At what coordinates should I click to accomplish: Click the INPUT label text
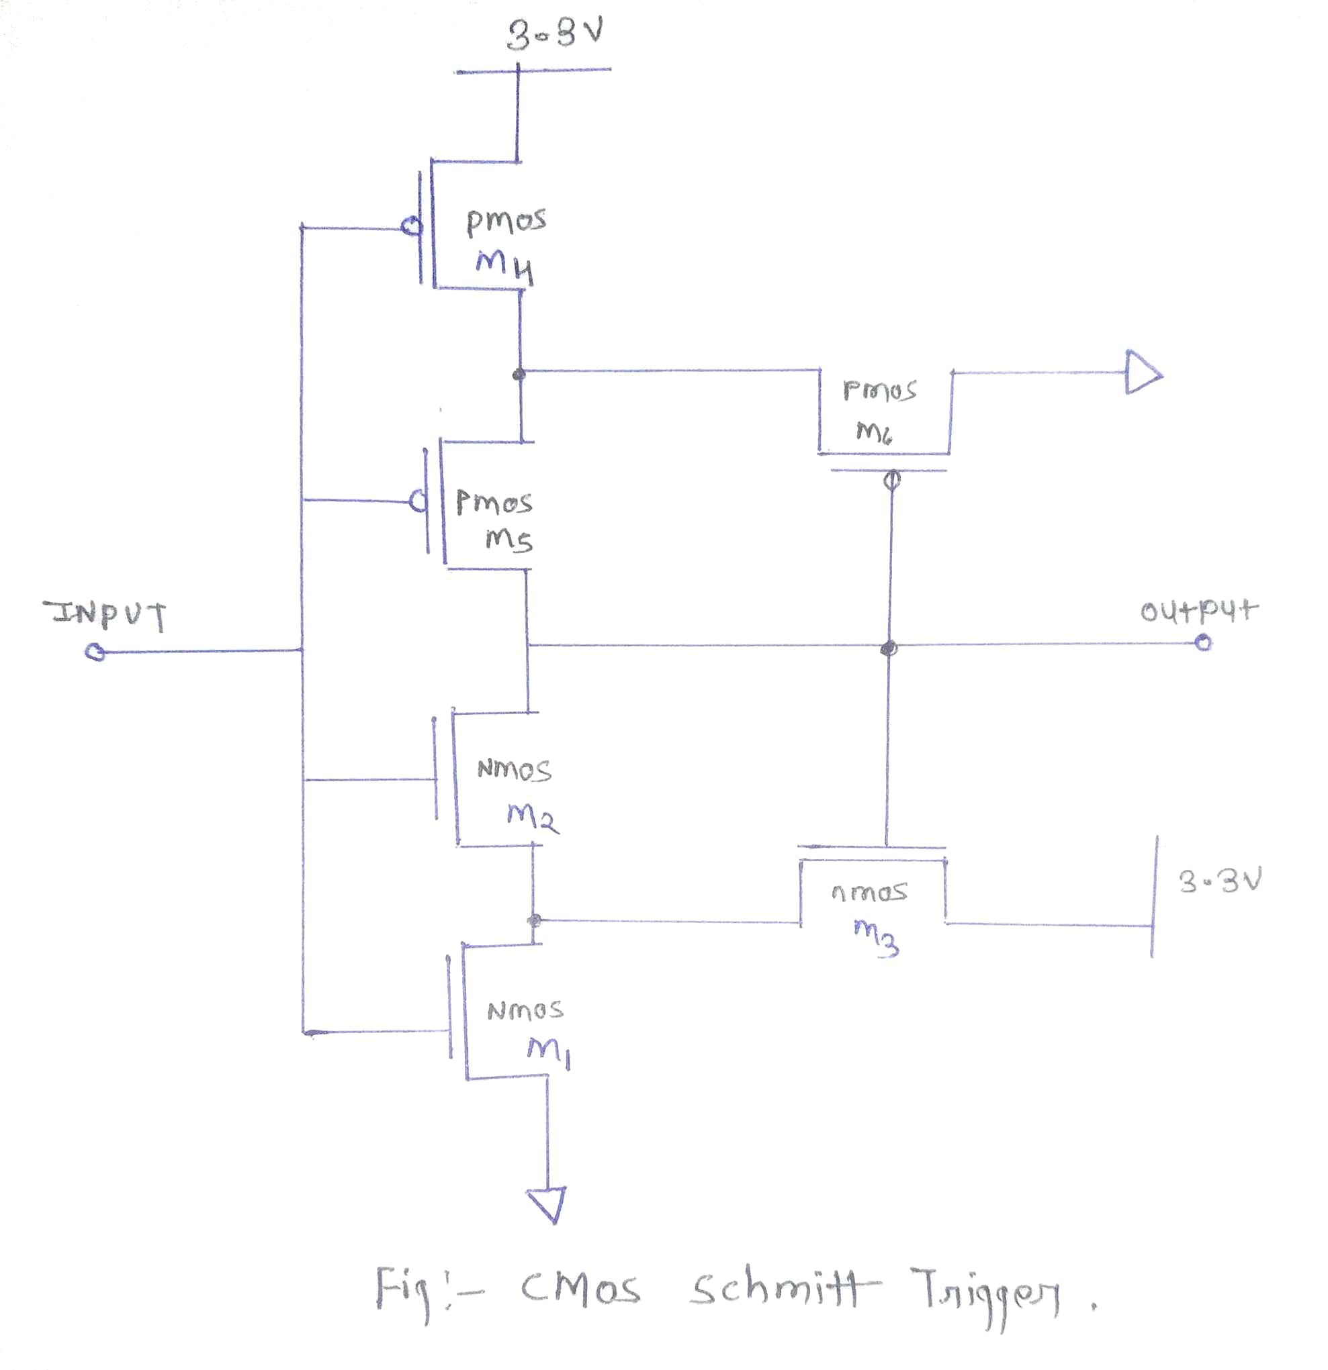click(x=105, y=614)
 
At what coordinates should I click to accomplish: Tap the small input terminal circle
click(x=95, y=653)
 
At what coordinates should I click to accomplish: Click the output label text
click(x=1198, y=611)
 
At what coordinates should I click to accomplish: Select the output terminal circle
click(x=1203, y=642)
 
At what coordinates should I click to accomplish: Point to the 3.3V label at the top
click(x=555, y=34)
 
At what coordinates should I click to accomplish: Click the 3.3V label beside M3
click(x=1220, y=881)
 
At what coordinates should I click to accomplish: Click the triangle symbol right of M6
click(x=1142, y=373)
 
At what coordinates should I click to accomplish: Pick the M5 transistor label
click(x=509, y=538)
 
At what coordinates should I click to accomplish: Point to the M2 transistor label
click(x=532, y=816)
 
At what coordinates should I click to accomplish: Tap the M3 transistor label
click(x=876, y=935)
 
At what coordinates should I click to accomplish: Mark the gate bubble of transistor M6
click(x=891, y=480)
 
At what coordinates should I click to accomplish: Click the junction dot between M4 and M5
click(x=519, y=375)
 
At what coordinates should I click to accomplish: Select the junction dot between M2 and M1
click(x=534, y=920)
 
